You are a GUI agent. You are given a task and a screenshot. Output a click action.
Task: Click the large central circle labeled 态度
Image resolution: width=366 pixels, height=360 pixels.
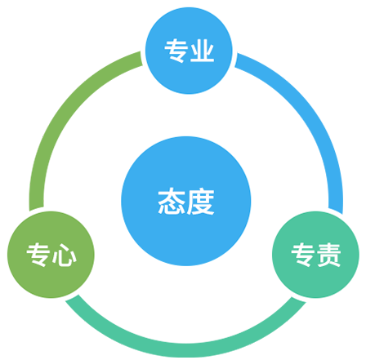pos(186,201)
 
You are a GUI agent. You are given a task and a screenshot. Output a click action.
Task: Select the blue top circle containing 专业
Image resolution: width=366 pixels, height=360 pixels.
pos(189,51)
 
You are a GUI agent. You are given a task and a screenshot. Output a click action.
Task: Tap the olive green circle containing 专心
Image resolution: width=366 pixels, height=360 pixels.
pos(51,255)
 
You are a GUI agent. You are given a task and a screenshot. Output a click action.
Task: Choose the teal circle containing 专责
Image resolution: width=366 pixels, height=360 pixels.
pos(315,255)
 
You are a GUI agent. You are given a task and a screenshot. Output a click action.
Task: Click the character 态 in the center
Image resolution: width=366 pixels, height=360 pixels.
pos(172,202)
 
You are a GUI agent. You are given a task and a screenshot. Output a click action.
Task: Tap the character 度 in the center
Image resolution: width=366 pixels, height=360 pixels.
pos(200,202)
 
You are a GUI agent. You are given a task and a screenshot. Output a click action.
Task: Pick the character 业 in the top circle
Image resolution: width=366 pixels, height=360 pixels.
pos(202,51)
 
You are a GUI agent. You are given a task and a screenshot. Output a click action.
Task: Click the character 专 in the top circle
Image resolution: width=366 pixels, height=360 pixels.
pos(176,51)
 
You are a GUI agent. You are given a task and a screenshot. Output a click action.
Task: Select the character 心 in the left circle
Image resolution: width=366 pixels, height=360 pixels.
pos(65,255)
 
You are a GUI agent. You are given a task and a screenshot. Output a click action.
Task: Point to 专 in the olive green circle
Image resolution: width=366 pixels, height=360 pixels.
pos(38,255)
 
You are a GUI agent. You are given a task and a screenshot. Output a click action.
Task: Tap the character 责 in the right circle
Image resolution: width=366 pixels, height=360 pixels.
pos(329,255)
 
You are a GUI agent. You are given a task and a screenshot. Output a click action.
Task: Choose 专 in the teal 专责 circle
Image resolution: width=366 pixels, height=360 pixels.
pos(303,255)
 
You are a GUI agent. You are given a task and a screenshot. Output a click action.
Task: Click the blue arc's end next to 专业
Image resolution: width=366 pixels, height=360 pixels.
pos(236,60)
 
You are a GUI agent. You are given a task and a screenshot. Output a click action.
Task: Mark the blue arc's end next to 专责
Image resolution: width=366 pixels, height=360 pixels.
pos(336,211)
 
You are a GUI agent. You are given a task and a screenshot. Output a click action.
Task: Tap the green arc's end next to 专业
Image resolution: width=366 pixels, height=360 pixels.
pos(141,59)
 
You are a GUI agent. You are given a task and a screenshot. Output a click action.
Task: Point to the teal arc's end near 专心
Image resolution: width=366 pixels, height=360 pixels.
pos(72,298)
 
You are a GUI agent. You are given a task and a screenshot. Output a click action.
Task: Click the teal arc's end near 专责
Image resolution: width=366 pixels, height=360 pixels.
pos(299,300)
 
